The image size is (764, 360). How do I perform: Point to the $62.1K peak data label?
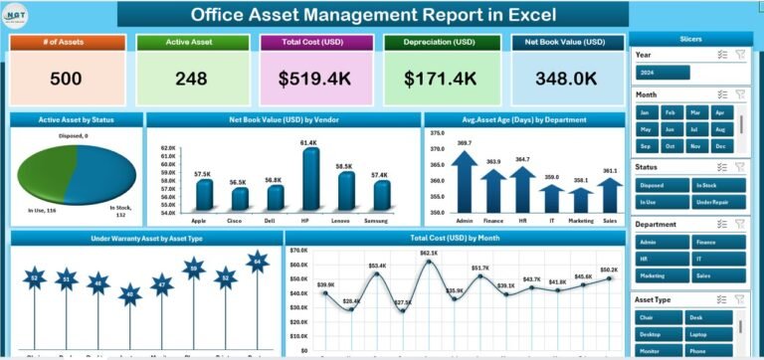[428, 254]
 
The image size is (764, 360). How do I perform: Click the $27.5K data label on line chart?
[404, 301]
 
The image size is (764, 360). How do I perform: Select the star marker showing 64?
[258, 263]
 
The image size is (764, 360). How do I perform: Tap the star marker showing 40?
[130, 293]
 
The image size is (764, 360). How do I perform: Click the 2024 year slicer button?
[660, 72]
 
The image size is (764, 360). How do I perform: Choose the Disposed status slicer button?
[660, 184]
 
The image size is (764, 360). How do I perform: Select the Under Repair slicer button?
[717, 201]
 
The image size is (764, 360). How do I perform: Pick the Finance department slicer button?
[717, 241]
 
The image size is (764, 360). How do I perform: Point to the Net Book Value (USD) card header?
[566, 42]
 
